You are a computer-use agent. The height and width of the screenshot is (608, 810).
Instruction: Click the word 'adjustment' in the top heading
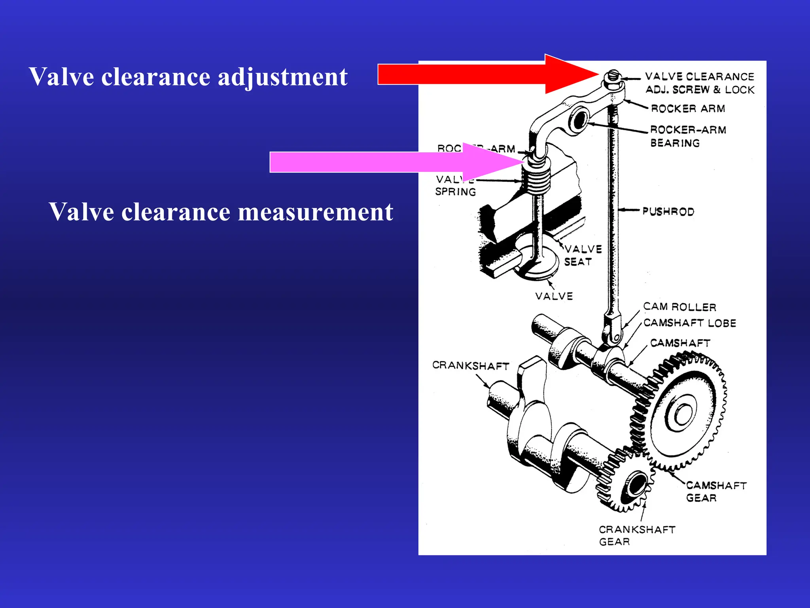coord(282,77)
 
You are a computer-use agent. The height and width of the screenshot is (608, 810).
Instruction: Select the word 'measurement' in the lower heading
coord(316,212)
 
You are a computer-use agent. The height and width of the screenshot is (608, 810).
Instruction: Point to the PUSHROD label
coord(668,211)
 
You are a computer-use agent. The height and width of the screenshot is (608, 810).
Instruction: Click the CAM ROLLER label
coord(679,307)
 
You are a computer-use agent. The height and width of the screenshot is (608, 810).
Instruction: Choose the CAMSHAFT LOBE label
coord(690,323)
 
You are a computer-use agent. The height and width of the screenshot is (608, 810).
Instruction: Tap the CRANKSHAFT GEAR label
coord(637,536)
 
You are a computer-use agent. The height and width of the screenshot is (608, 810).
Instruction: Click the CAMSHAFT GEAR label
coord(716,491)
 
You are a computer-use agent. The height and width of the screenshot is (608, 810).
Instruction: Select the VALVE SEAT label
coord(583,255)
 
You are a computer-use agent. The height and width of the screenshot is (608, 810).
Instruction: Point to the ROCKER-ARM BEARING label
coord(688,136)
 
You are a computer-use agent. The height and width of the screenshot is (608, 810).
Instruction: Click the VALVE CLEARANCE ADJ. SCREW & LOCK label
coord(699,83)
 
